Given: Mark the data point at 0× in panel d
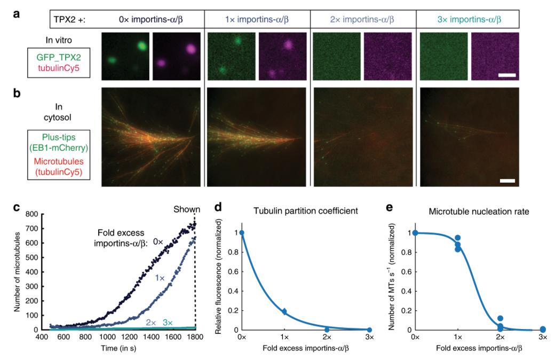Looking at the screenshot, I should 242,232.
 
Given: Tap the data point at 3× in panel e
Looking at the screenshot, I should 543,329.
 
